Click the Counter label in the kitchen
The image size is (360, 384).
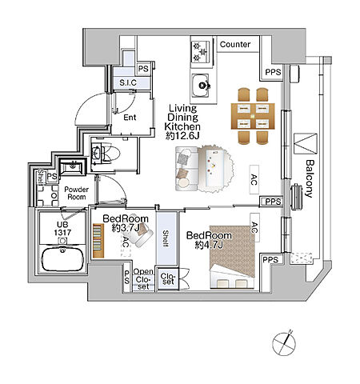(x=235, y=44)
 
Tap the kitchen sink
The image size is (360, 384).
(x=200, y=86)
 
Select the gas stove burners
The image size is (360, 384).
(x=200, y=52)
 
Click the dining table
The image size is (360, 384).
(x=253, y=116)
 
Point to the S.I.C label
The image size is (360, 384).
(x=128, y=82)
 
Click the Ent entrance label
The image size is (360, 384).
(x=130, y=118)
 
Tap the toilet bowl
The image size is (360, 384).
(x=111, y=154)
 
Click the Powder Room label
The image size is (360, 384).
(x=77, y=193)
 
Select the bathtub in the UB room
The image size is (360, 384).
(x=63, y=259)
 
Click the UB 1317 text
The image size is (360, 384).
(x=62, y=229)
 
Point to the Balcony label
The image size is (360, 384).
(x=309, y=178)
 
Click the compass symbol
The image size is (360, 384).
(x=284, y=343)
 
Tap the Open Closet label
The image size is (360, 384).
(x=143, y=279)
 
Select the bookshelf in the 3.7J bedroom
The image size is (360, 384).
(x=98, y=241)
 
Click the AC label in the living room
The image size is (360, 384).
(x=254, y=180)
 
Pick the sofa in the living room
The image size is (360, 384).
(x=186, y=169)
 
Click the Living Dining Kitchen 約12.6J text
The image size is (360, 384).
(x=182, y=122)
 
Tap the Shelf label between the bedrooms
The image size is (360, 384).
(x=166, y=238)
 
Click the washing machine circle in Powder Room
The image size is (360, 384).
(x=54, y=196)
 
